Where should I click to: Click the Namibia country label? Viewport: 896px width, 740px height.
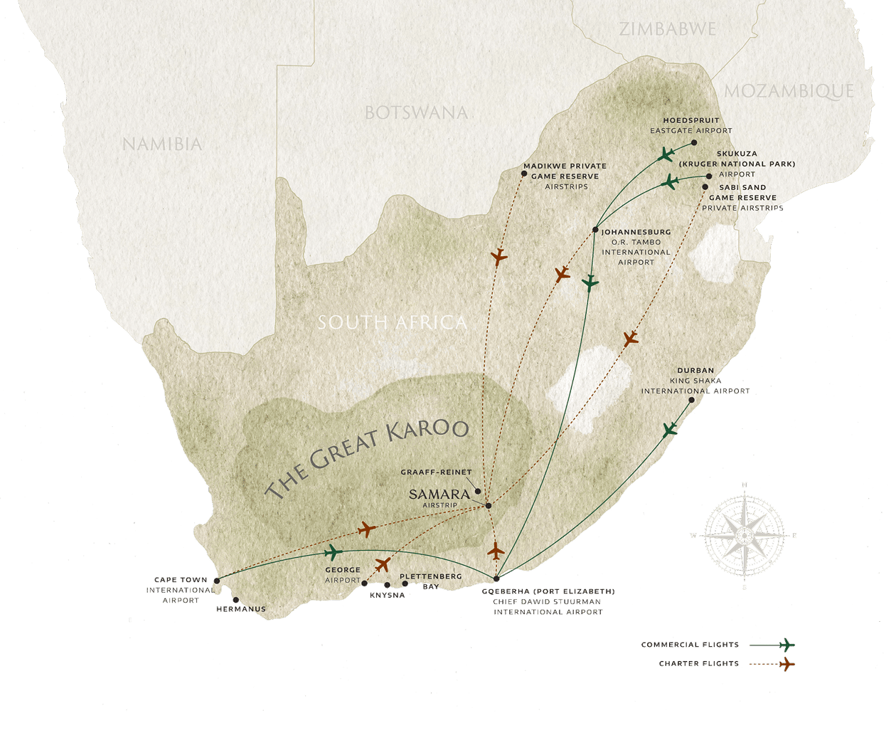162,144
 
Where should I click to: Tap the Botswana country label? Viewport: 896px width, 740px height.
416,112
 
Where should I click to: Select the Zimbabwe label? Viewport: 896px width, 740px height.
668,29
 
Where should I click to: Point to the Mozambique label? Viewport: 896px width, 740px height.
789,91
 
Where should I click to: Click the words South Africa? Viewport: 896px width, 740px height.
393,322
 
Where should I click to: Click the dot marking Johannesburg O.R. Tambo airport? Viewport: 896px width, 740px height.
595,230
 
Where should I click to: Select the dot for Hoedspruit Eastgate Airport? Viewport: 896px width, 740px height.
694,142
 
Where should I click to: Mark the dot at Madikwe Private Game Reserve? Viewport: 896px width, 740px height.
524,174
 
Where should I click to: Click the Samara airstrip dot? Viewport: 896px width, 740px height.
488,506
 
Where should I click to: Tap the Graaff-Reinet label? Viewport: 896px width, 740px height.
436,472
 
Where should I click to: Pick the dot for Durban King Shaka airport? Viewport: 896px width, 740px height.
691,401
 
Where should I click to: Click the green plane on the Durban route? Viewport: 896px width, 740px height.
669,430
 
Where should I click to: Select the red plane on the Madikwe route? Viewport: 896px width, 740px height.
499,256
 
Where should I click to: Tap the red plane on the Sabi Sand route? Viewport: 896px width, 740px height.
630,339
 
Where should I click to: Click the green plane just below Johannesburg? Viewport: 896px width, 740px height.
590,283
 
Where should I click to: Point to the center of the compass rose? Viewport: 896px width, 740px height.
745,535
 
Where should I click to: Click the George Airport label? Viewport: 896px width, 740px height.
343,575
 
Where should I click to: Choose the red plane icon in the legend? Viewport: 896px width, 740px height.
786,665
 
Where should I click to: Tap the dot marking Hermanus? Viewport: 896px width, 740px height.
235,600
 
